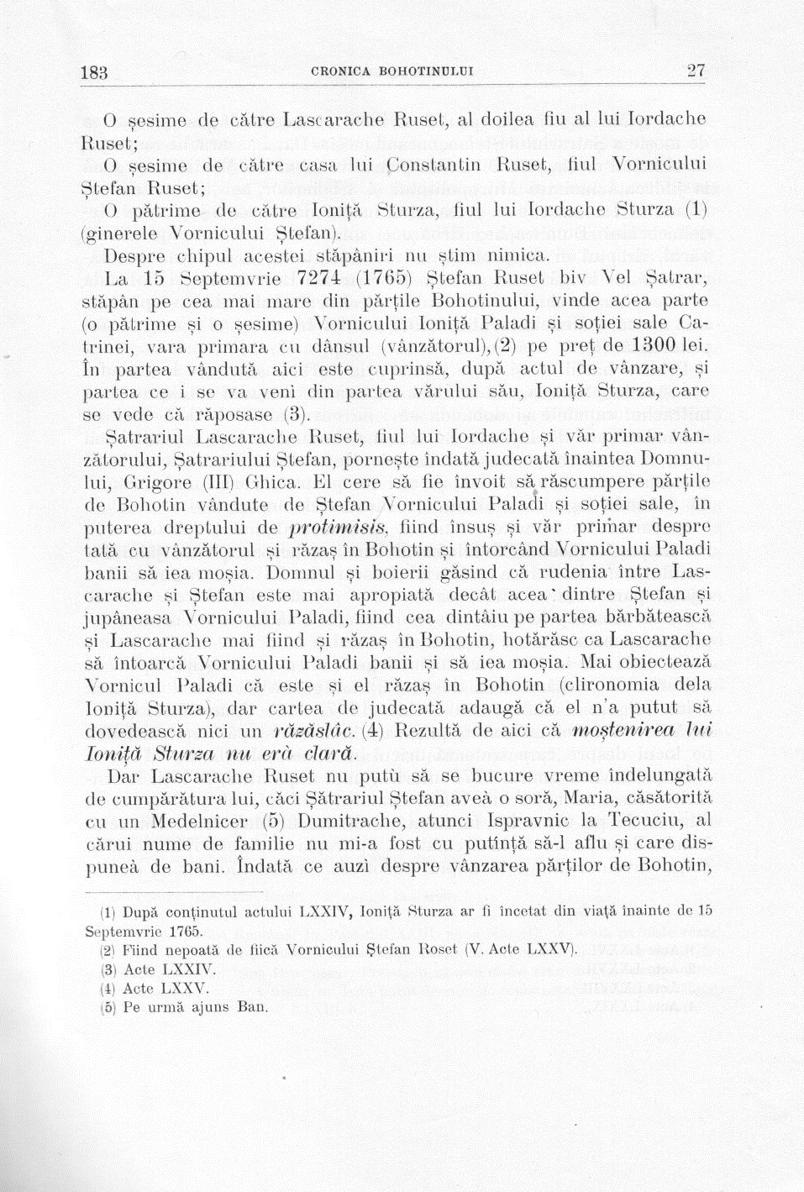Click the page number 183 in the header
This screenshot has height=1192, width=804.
coord(94,73)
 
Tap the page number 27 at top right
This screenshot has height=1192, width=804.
coord(696,71)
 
